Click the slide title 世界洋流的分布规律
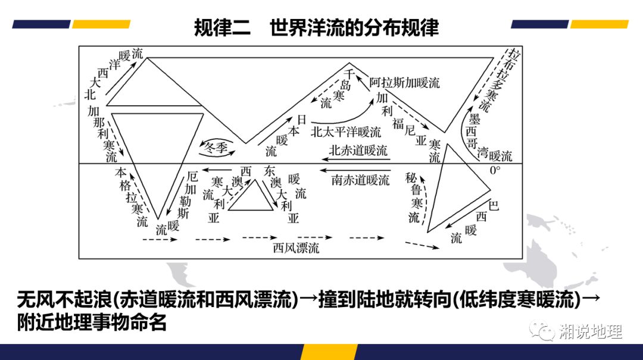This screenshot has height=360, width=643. (354, 28)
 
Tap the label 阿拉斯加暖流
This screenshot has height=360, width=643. (404, 83)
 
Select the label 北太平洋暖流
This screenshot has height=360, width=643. (346, 132)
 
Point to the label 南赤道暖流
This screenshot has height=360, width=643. (360, 180)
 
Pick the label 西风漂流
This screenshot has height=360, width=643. (296, 248)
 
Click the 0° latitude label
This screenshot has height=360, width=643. (495, 170)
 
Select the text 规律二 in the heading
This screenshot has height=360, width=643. (218, 28)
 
